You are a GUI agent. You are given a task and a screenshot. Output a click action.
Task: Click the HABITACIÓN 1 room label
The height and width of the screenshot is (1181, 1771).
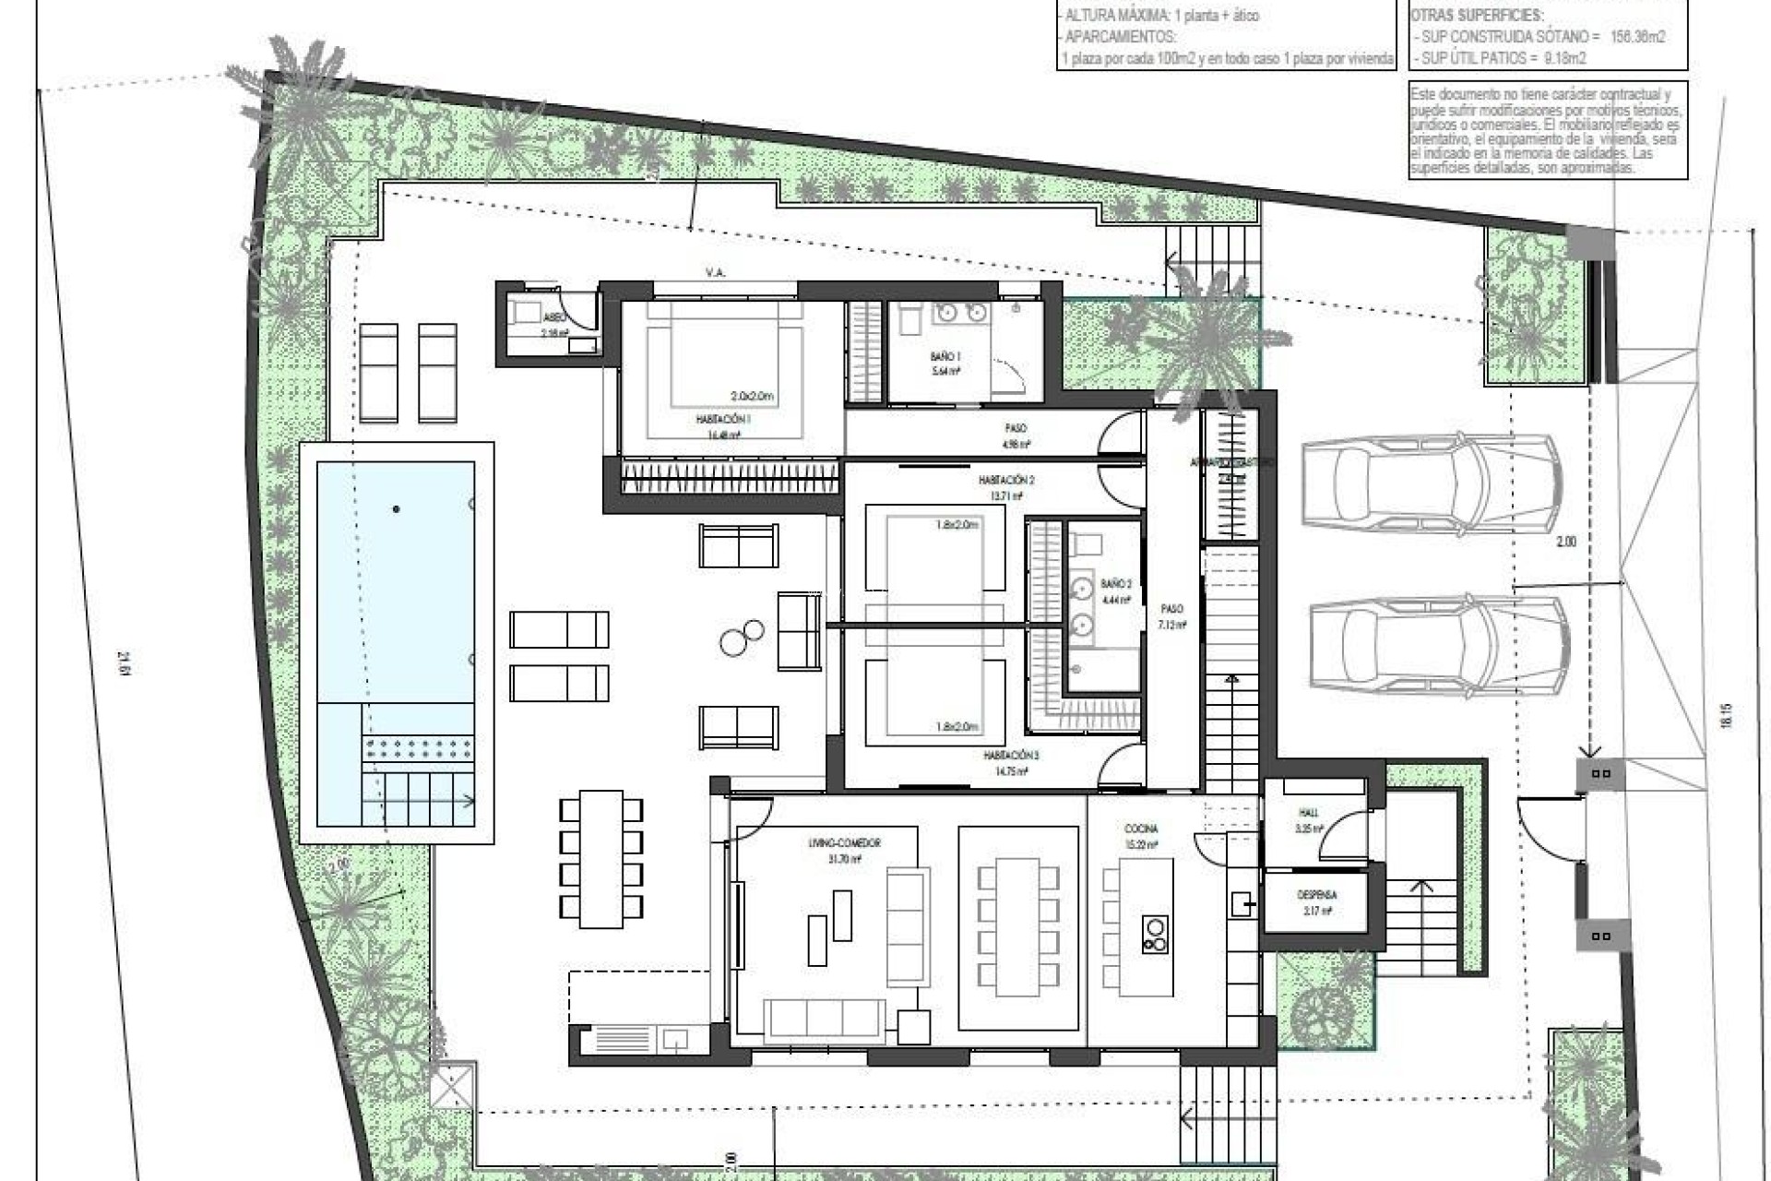tap(723, 419)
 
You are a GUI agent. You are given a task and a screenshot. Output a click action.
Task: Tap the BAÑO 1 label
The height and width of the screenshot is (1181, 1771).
tap(945, 356)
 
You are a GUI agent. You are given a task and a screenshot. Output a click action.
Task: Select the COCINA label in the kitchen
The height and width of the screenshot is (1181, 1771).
tap(1141, 829)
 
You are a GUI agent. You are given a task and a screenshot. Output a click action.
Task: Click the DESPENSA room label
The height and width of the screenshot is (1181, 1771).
tap(1316, 895)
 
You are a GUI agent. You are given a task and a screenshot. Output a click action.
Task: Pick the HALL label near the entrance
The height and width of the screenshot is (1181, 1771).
tap(1308, 813)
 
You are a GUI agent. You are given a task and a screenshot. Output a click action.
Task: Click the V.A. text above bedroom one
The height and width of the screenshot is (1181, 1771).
tap(714, 273)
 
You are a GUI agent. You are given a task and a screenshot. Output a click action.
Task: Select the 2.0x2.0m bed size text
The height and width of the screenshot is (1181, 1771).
tap(751, 397)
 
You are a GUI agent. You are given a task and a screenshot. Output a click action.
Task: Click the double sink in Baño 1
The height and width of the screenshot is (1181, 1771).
tap(958, 314)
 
